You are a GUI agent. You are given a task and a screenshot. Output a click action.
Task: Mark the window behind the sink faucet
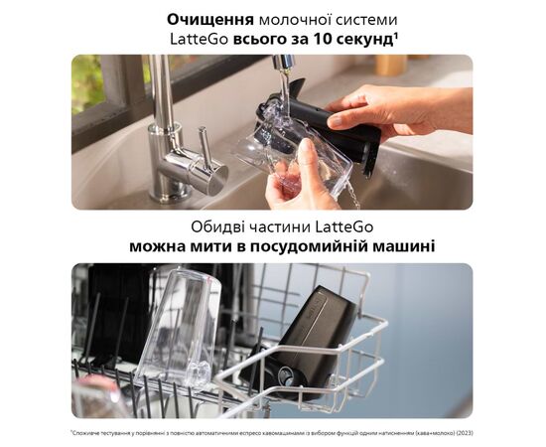109,89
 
